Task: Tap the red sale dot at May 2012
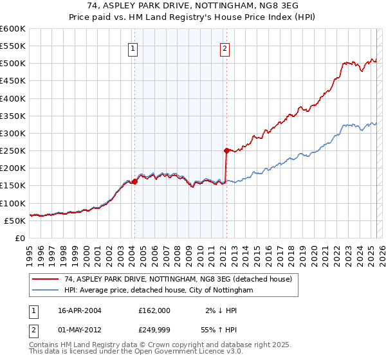[x=226, y=150]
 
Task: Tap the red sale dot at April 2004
[x=135, y=181]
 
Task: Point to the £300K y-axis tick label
[x=13, y=133]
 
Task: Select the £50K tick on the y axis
[x=15, y=221]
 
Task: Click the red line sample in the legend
[x=45, y=279]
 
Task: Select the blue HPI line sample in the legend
[x=45, y=290]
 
